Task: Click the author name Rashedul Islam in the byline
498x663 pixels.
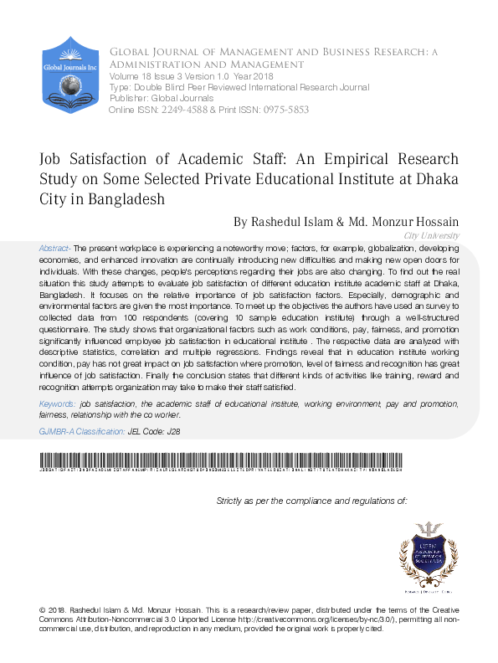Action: tap(279, 222)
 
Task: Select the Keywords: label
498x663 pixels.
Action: tap(57, 404)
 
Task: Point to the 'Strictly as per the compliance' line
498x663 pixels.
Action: tap(311, 501)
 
